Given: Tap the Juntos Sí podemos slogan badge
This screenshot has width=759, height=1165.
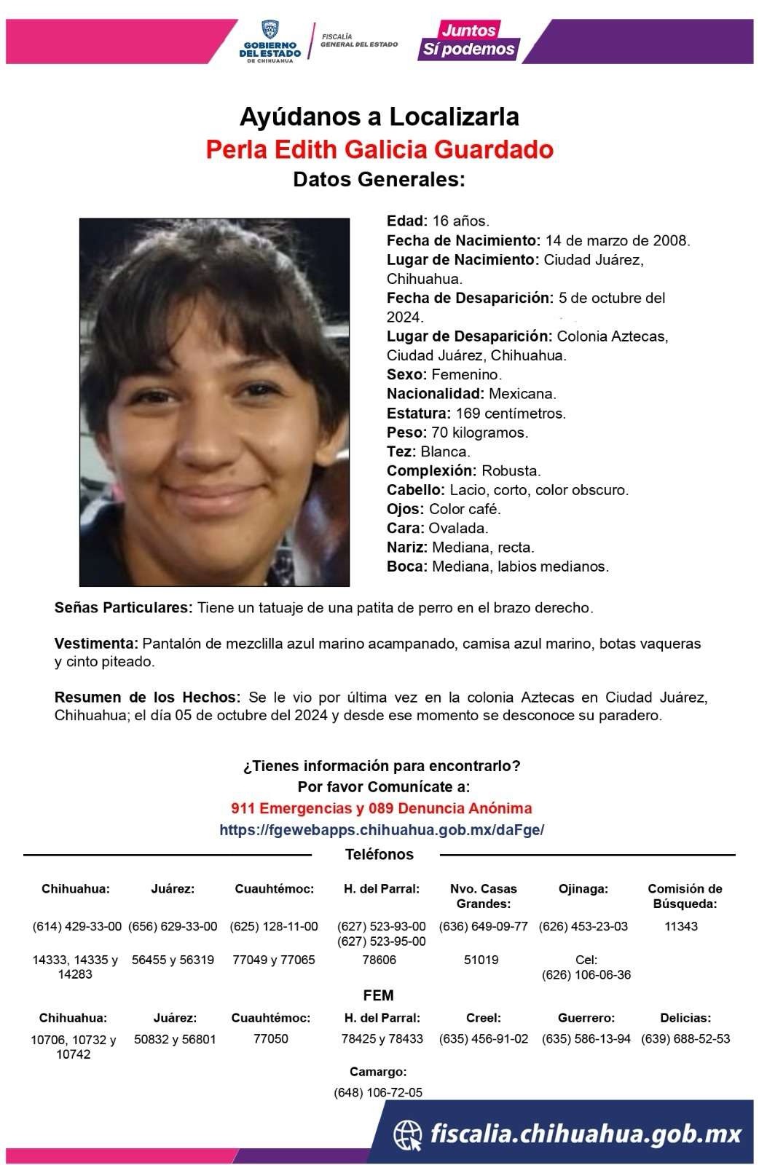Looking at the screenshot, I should [x=468, y=40].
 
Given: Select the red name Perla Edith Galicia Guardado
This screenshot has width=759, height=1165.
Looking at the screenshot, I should [x=379, y=149].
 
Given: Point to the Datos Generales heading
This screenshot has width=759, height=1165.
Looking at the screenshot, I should [x=379, y=179].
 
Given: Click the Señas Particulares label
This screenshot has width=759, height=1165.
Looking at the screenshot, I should [x=123, y=607].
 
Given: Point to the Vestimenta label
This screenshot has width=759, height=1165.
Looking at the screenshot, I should [x=96, y=644].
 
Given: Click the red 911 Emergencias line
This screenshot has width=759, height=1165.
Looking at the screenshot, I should [x=381, y=808].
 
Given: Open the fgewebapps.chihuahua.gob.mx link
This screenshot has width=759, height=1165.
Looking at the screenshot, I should [x=381, y=830].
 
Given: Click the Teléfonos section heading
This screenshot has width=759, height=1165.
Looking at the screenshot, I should [x=379, y=855].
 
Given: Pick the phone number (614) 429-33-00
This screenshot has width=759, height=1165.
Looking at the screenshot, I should [x=77, y=927].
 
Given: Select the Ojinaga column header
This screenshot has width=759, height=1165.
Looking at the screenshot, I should [x=583, y=888].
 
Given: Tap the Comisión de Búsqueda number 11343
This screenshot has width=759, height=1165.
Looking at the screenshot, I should [x=681, y=927].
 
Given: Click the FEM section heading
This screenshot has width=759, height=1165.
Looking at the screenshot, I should [x=378, y=995].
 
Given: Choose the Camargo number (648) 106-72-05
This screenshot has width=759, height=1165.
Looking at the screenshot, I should [x=378, y=1092].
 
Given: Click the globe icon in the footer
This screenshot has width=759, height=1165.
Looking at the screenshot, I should [x=408, y=1134].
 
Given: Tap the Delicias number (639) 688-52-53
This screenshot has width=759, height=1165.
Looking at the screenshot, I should [x=685, y=1039].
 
